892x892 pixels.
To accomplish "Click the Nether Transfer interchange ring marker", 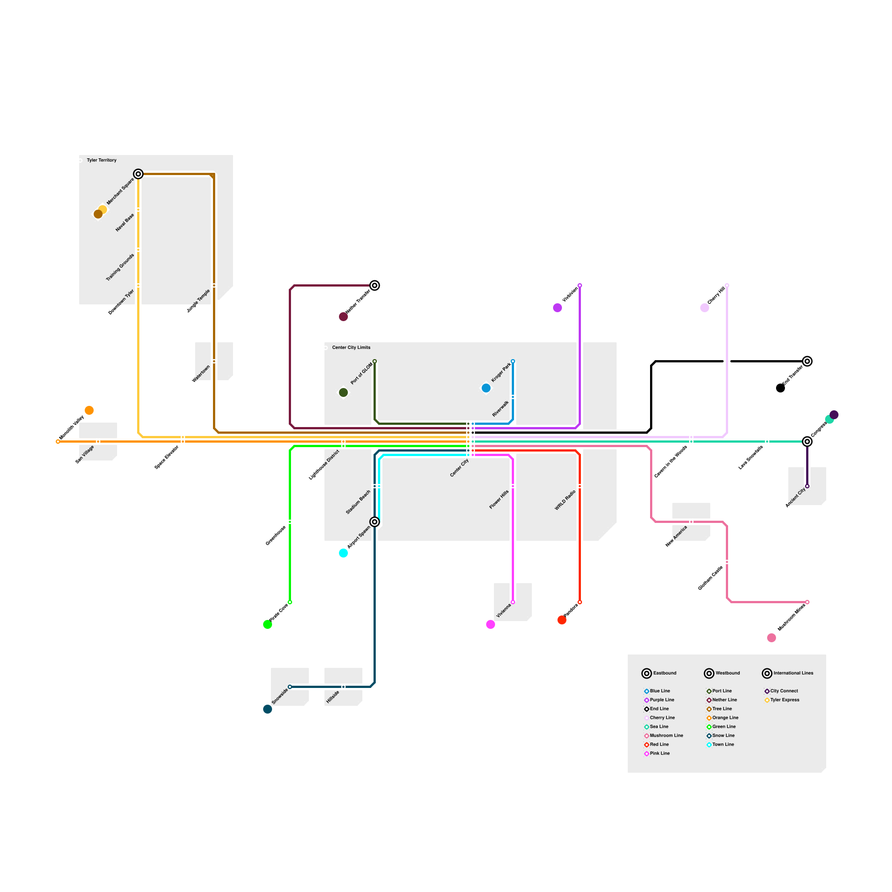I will point(375,285).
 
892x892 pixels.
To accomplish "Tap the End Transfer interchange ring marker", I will point(807,361).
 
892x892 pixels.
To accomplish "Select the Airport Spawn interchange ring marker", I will point(375,522).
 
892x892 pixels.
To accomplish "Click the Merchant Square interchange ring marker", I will point(138,174).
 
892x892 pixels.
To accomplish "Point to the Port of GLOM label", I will point(361,374).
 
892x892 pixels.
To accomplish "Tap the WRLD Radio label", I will point(565,501).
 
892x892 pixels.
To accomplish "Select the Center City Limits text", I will point(351,347).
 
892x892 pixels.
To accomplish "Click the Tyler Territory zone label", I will point(101,160).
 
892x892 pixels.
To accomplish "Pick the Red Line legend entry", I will point(659,744).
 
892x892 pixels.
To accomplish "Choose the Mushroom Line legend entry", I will point(666,735).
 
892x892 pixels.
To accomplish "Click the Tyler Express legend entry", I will point(784,700).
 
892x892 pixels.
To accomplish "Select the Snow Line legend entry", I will point(723,735).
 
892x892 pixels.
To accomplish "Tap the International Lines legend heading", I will point(793,673).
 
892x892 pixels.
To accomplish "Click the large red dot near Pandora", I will point(562,620).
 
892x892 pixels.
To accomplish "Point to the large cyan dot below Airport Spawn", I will point(343,553).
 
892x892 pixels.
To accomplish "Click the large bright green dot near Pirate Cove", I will point(268,624).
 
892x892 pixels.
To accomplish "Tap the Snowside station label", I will point(280,696).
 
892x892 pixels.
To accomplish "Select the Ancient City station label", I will point(796,498).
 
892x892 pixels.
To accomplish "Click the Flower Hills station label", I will point(499,500).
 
